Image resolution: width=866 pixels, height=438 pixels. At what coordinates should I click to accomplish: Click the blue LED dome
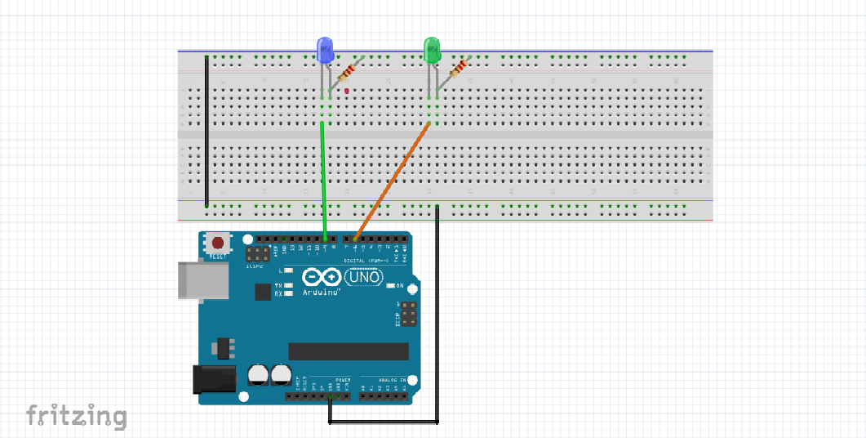coord(324,50)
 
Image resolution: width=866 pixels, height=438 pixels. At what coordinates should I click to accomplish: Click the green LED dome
coord(432,50)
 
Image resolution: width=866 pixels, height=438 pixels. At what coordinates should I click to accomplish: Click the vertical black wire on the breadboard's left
coord(207,131)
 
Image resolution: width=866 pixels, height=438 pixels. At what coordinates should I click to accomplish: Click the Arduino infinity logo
coord(320,278)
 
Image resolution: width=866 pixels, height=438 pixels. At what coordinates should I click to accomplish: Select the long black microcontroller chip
coord(349,351)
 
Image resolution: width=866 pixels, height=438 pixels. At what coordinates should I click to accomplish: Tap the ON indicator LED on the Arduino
coord(391,286)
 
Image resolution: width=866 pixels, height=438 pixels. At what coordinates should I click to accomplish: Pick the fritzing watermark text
coord(76,416)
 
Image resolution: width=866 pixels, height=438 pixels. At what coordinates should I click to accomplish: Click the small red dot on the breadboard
coord(347,91)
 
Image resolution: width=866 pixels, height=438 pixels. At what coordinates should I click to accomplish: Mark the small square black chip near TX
coord(262,292)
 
